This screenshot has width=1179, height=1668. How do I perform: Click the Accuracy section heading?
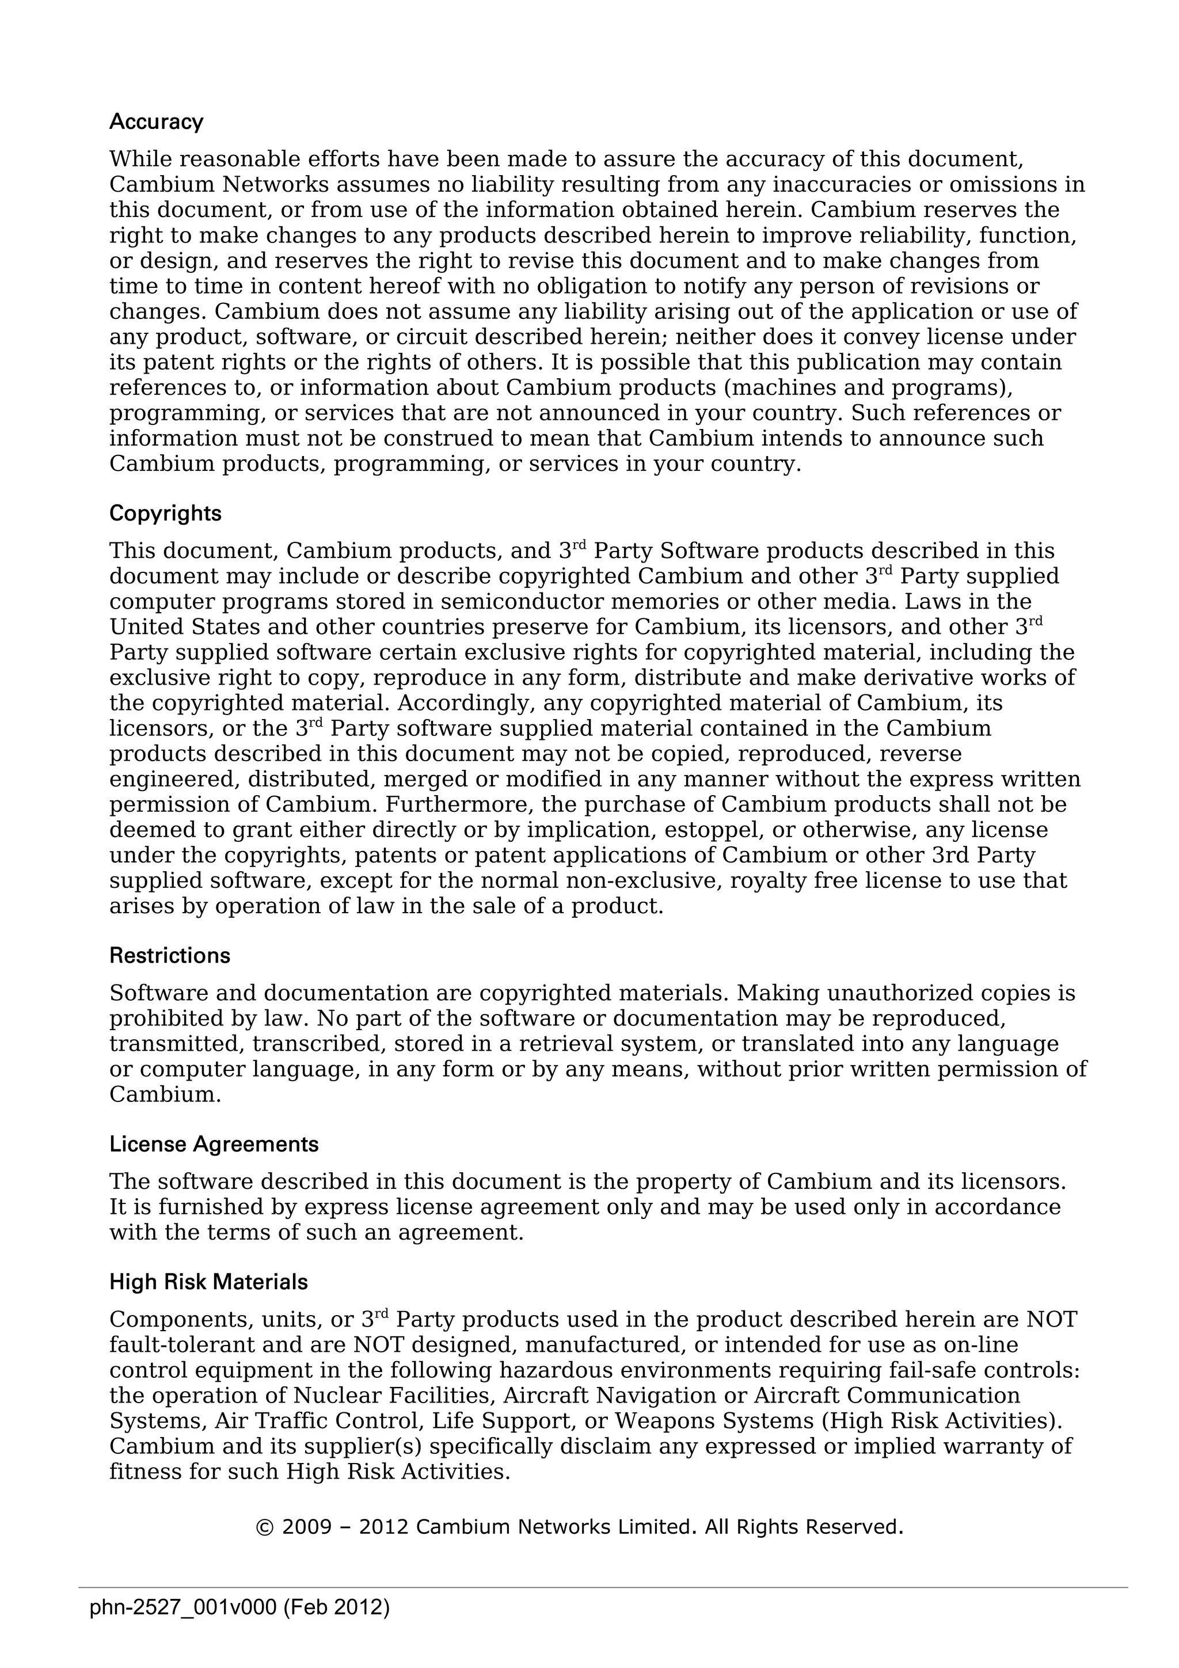coord(156,122)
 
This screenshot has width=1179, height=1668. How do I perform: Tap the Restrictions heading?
coord(169,955)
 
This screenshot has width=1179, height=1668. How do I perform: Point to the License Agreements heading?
coord(214,1144)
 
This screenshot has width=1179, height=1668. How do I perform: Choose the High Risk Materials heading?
coord(208,1282)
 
